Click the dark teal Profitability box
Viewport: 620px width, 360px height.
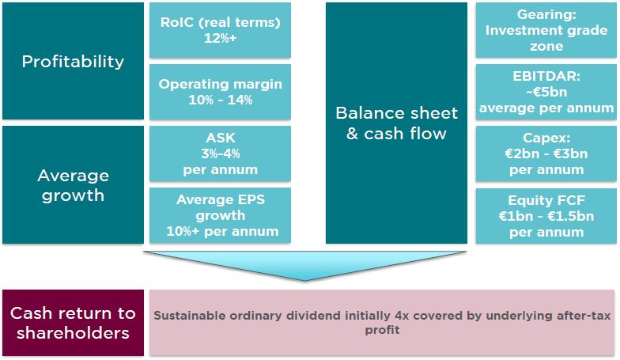[x=73, y=61]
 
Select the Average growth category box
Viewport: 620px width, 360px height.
[x=73, y=185]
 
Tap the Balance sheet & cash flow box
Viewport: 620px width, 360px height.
[x=396, y=123]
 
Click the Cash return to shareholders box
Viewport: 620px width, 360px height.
[x=73, y=323]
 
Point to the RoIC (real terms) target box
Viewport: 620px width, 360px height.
[x=220, y=30]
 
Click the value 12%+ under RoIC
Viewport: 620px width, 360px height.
[x=220, y=38]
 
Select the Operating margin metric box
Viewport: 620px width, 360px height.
[x=220, y=92]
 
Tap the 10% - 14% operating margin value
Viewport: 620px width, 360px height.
[x=220, y=100]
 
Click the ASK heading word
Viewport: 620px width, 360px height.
[x=220, y=138]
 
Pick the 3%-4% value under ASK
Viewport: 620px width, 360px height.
[x=220, y=153]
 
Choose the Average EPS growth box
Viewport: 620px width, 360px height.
[x=220, y=215]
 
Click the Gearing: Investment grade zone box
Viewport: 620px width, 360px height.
[x=546, y=30]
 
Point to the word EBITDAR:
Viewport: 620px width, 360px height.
[x=546, y=76]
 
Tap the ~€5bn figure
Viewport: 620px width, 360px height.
[x=546, y=92]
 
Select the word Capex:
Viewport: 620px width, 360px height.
[x=546, y=138]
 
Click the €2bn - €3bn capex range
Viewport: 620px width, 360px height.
[x=546, y=153]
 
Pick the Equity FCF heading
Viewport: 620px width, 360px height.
[x=546, y=200]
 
